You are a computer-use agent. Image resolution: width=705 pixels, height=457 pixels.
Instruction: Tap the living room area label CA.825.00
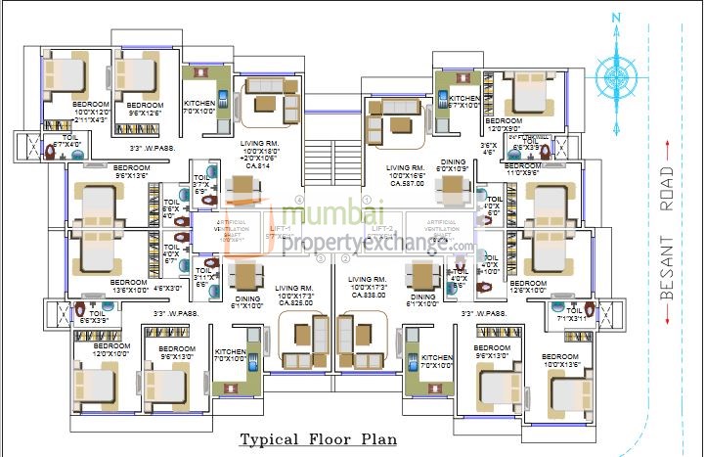[x=294, y=302]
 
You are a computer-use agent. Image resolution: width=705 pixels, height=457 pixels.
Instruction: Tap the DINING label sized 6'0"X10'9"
[x=453, y=166]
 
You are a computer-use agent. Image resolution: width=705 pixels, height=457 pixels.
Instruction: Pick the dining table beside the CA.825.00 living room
[x=246, y=273]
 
